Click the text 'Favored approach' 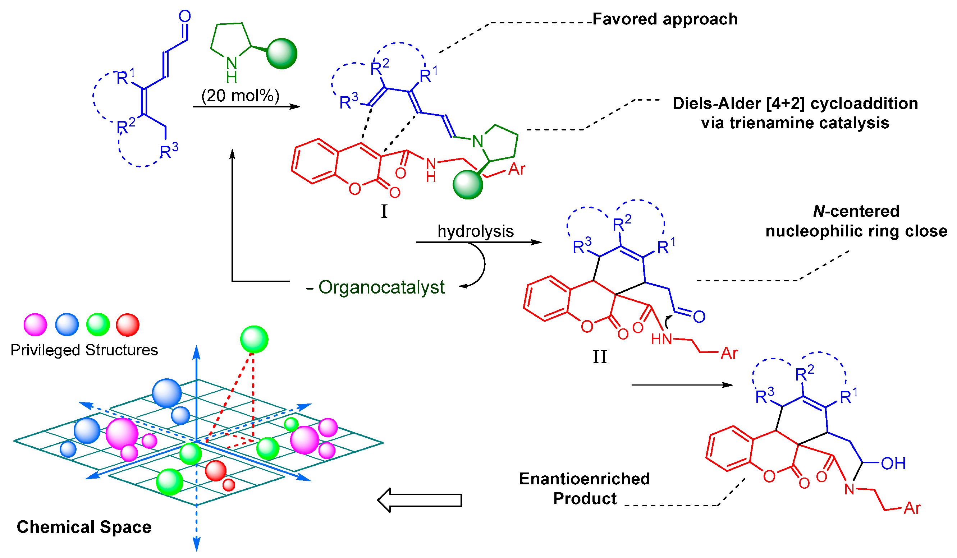665,19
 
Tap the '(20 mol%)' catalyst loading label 241,96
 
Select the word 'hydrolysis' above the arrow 476,231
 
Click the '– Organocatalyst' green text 375,287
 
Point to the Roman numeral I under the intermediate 384,211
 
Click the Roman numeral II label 600,357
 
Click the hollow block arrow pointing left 419,500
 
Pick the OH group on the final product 893,464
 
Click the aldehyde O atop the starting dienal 184,16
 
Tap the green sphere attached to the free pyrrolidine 281,54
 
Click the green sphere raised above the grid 254,339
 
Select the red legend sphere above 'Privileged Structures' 128,325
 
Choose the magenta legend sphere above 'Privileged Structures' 35,325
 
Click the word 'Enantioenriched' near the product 585,479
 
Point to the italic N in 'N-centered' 819,211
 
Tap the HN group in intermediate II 661,339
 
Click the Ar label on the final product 912,508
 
